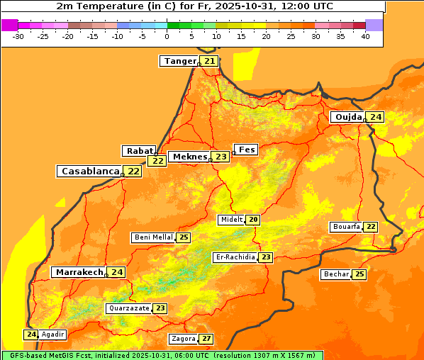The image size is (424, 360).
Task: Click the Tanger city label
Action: tap(179, 61)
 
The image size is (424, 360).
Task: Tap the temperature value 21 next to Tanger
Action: tap(210, 61)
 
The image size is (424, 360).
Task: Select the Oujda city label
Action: tap(348, 117)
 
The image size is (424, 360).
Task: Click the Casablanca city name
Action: tap(89, 171)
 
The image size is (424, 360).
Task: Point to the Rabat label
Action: tap(139, 151)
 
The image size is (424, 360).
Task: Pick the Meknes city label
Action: tap(190, 157)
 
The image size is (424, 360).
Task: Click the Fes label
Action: tap(246, 150)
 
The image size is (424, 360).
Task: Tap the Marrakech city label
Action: tap(79, 272)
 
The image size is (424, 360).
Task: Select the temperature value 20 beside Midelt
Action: tap(253, 220)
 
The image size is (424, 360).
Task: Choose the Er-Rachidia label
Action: tap(235, 257)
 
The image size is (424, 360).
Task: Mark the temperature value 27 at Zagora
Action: tap(206, 339)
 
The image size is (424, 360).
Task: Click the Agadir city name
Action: tap(53, 334)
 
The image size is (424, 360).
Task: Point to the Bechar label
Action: tap(336, 274)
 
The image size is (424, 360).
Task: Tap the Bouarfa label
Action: tap(346, 227)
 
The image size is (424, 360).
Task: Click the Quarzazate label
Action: tap(129, 308)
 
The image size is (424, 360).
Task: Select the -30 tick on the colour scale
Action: tap(18, 36)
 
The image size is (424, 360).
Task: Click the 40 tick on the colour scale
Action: tap(364, 36)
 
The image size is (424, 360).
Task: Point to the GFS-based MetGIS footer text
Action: tap(162, 355)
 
